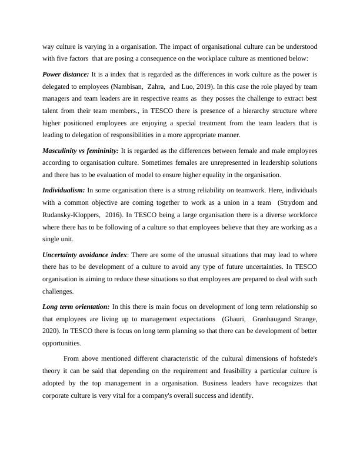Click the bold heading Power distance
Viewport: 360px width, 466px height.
click(65, 74)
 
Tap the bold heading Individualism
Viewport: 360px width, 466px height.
click(64, 190)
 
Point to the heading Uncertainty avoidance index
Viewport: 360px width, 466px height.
click(85, 254)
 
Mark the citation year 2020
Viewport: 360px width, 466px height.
click(51, 331)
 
